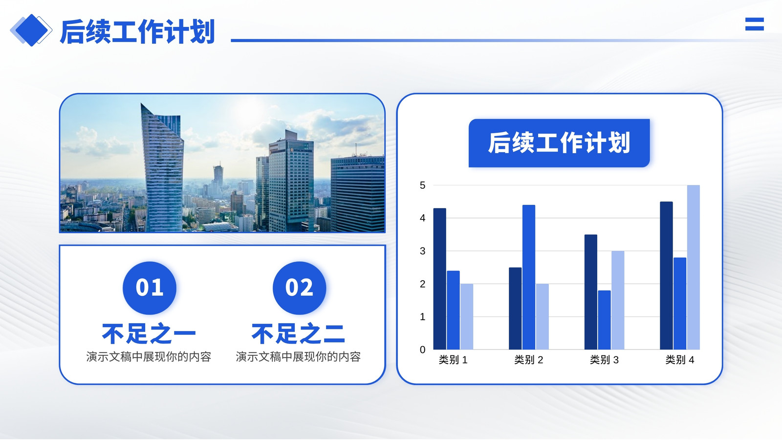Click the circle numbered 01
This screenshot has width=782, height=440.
pos(150,288)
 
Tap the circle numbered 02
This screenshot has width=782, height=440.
pos(299,288)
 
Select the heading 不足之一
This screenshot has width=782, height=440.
pos(149,334)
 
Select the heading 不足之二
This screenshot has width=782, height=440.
pos(299,334)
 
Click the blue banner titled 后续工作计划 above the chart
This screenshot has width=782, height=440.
pos(559,143)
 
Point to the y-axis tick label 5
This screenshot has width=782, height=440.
pos(422,185)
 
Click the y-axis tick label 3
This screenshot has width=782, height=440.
pos(422,251)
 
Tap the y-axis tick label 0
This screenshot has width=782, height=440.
pos(422,350)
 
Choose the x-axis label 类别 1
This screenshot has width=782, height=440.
pos(453,360)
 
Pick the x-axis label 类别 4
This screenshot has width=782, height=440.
pos(680,360)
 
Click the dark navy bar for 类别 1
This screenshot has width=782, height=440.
pos(439,279)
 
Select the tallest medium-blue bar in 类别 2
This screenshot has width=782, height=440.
pos(528,277)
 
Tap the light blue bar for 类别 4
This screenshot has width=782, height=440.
pos(694,267)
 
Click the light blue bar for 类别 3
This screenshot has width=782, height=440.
pos(618,300)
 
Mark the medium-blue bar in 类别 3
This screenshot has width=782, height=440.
pos(604,320)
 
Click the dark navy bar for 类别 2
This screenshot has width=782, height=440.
pos(515,308)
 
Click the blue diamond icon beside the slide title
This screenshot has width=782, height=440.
pos(31,30)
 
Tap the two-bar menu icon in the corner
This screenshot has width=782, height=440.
pos(755,24)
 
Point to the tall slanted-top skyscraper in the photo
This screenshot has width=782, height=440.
pos(162,168)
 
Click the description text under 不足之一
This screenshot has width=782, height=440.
pos(149,357)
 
